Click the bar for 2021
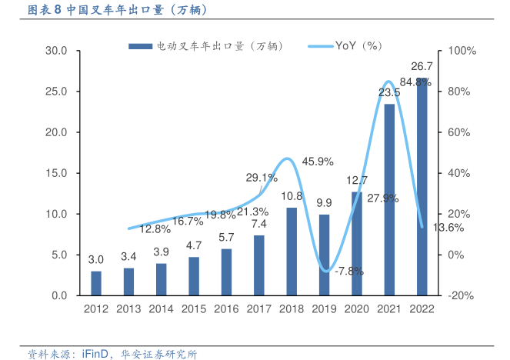[389, 199]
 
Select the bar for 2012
[96, 283]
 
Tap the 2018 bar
[292, 252]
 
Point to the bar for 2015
[194, 276]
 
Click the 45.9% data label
[318, 162]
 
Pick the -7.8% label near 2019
[348, 271]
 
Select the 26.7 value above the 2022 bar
[422, 66]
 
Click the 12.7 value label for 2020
[356, 181]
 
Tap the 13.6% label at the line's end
[448, 228]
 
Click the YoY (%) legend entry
[358, 46]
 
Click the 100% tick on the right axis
[461, 51]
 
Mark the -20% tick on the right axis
[461, 295]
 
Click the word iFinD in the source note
[96, 354]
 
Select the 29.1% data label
[262, 178]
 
